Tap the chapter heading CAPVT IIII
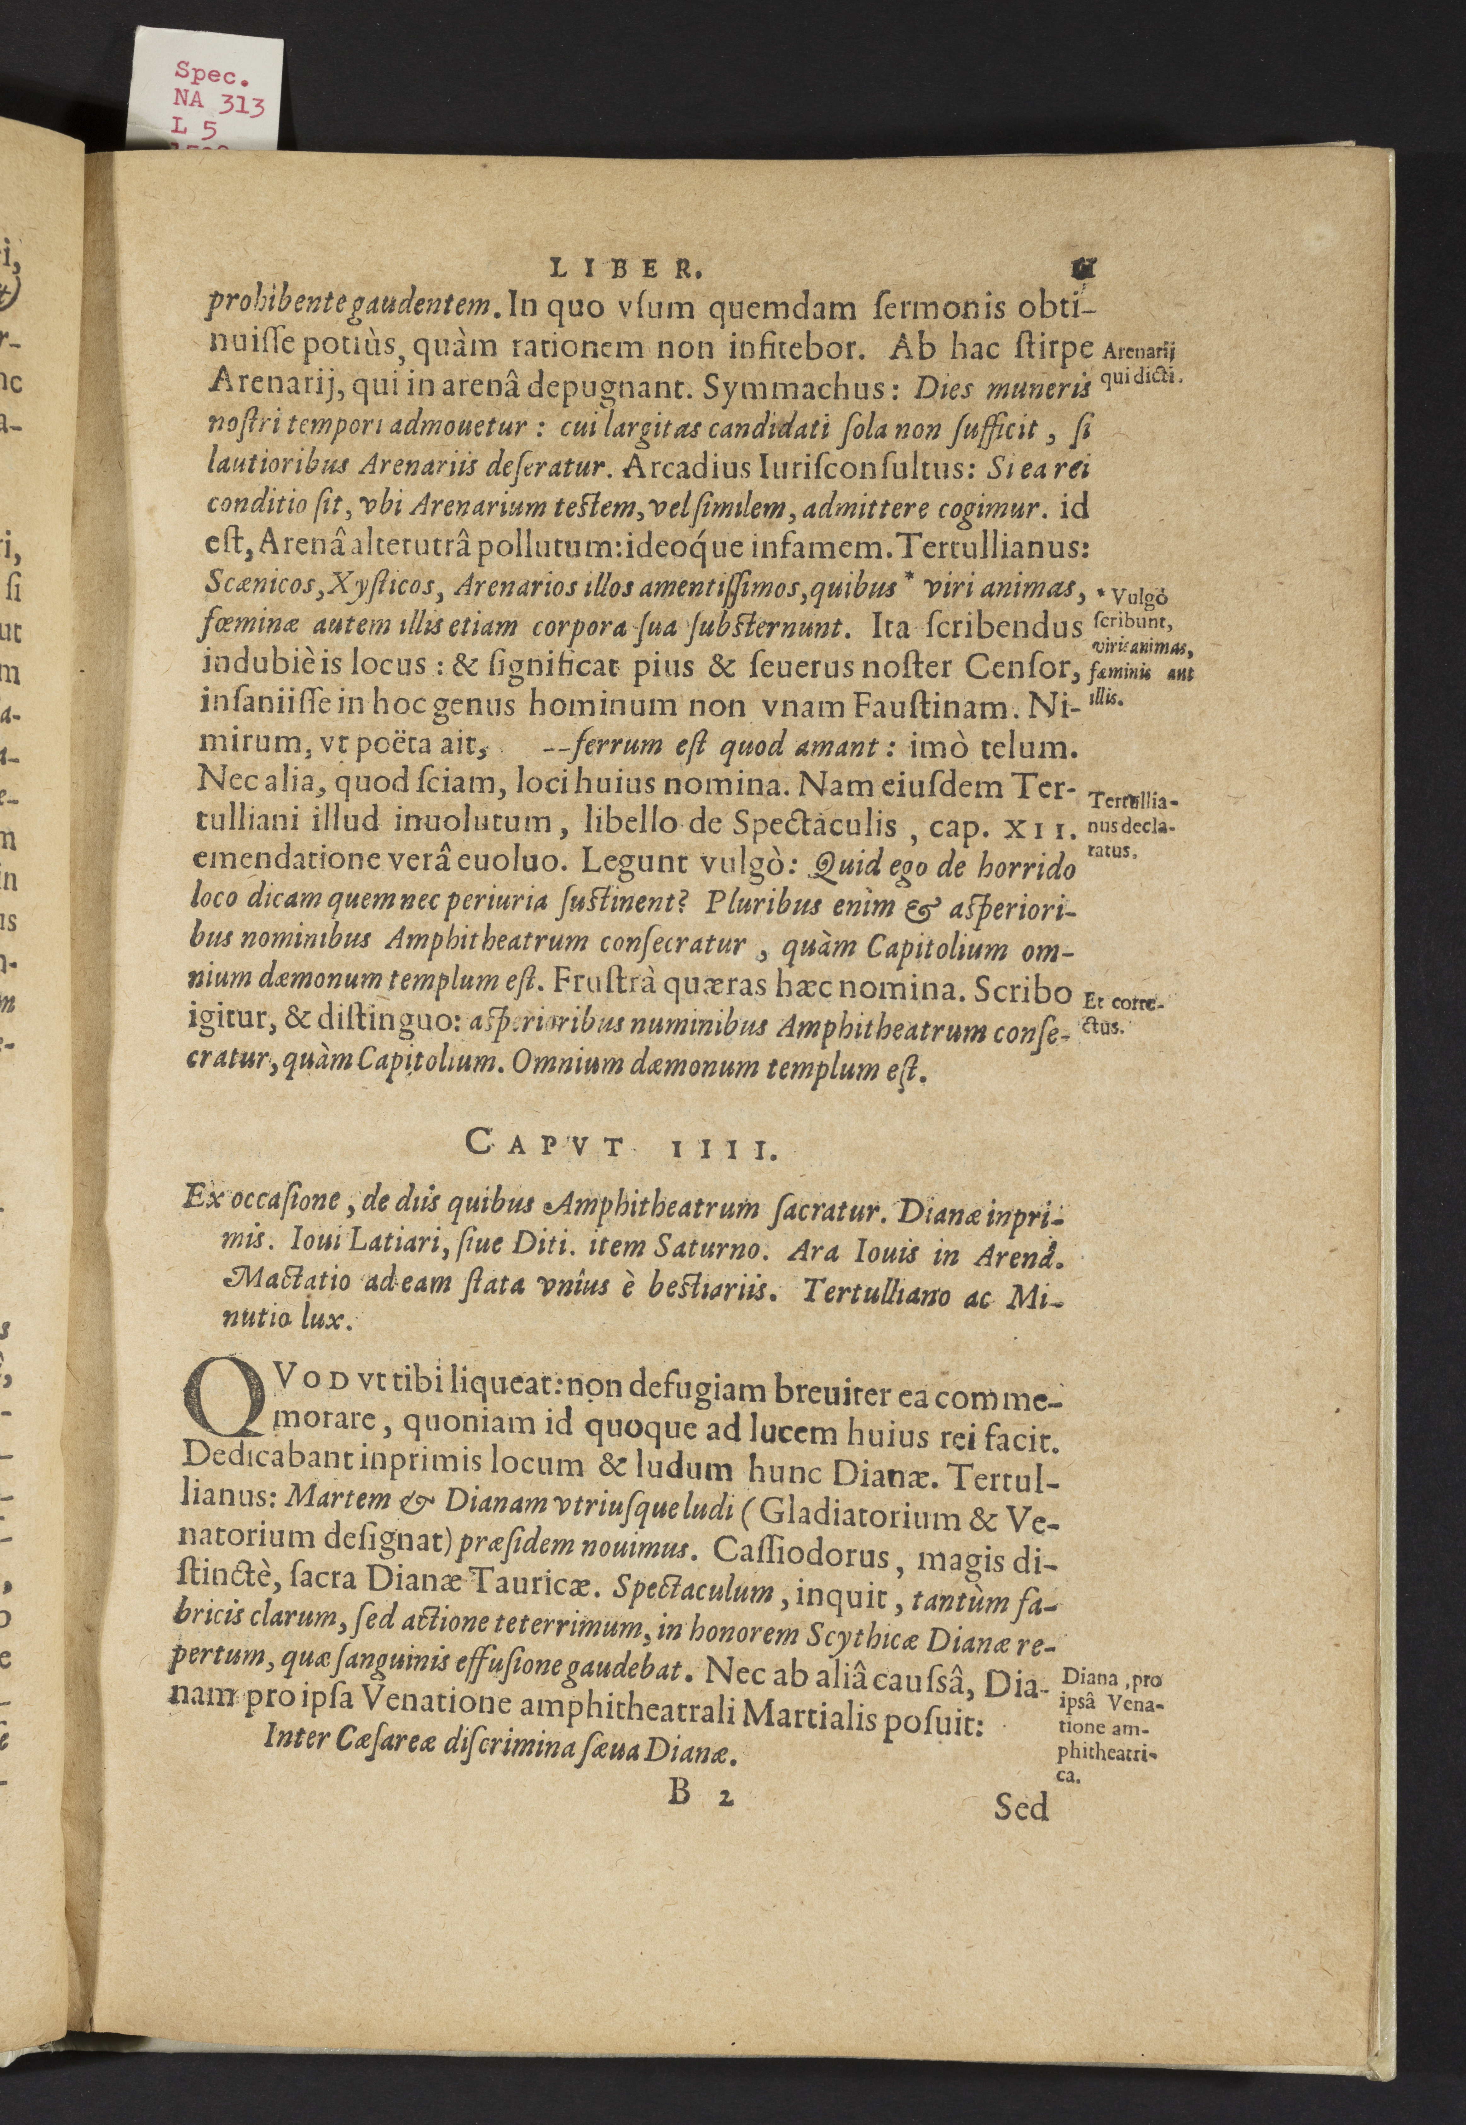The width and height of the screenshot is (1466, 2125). [621, 1144]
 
